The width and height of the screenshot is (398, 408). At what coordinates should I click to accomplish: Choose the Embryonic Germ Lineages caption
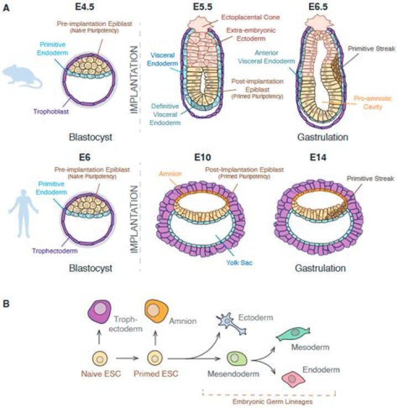(x=268, y=401)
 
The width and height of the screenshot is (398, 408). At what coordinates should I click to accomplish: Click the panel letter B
(x=6, y=303)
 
